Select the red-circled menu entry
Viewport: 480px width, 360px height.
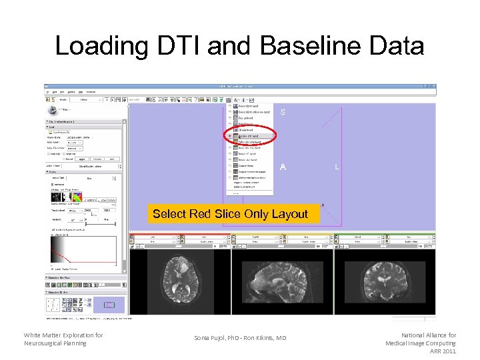(x=252, y=135)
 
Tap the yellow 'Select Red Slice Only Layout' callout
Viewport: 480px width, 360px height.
(x=230, y=214)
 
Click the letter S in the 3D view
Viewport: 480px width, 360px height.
(x=283, y=113)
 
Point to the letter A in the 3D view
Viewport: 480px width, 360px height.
(x=283, y=167)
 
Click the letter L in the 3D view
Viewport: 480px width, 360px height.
(x=337, y=167)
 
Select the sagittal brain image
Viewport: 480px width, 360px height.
(x=283, y=282)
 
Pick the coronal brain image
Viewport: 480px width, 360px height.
(x=385, y=282)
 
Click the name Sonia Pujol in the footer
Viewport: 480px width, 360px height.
(x=217, y=338)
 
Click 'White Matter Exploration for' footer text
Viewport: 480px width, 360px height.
(x=63, y=335)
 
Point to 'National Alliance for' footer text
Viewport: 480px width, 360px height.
(x=428, y=335)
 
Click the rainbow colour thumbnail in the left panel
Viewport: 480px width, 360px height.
(x=79, y=197)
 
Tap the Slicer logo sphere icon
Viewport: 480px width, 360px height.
(x=52, y=110)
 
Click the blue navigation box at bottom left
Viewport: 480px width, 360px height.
(x=111, y=305)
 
